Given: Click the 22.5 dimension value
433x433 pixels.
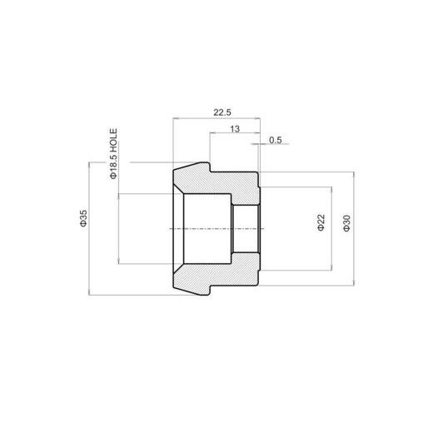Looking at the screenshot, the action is coord(222,112).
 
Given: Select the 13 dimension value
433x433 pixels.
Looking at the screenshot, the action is coord(235,129).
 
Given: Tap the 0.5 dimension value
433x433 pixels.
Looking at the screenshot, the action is coord(276,140).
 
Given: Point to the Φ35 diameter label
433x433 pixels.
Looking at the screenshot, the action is coord(83,218).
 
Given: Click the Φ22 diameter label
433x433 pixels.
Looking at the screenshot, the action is coord(321,222).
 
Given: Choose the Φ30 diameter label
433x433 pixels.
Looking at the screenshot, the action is coord(347,223).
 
